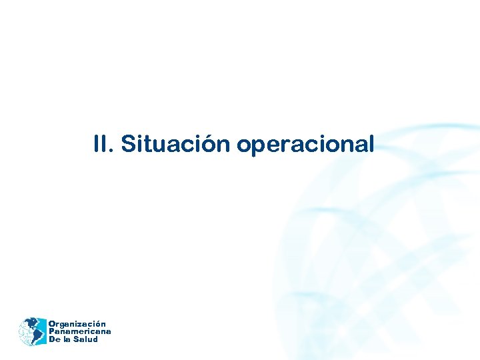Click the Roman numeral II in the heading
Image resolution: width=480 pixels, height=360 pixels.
(101, 144)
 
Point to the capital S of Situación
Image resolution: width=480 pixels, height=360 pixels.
(128, 144)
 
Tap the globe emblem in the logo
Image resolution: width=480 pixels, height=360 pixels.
(31, 331)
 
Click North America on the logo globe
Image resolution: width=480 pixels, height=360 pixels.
(28, 325)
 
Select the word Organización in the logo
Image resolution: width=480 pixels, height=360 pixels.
(77, 324)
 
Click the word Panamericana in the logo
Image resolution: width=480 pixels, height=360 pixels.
(79, 331)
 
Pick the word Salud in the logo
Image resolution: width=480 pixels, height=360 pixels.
(86, 339)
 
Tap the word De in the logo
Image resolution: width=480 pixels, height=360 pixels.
(54, 339)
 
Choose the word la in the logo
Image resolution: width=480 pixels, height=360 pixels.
(67, 339)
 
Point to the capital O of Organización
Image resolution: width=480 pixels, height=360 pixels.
(51, 324)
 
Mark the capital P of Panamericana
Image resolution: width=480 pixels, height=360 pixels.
(51, 331)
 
